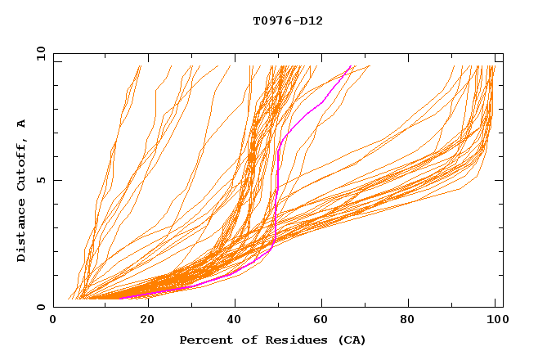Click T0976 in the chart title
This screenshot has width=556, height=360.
(x=270, y=21)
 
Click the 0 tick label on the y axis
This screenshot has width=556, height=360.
(x=40, y=308)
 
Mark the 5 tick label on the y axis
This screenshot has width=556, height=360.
(x=40, y=180)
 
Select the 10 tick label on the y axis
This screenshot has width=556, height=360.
(x=38, y=54)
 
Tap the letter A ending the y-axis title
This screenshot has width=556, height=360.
(x=22, y=124)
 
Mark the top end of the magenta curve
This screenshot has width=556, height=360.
(x=351, y=66)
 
